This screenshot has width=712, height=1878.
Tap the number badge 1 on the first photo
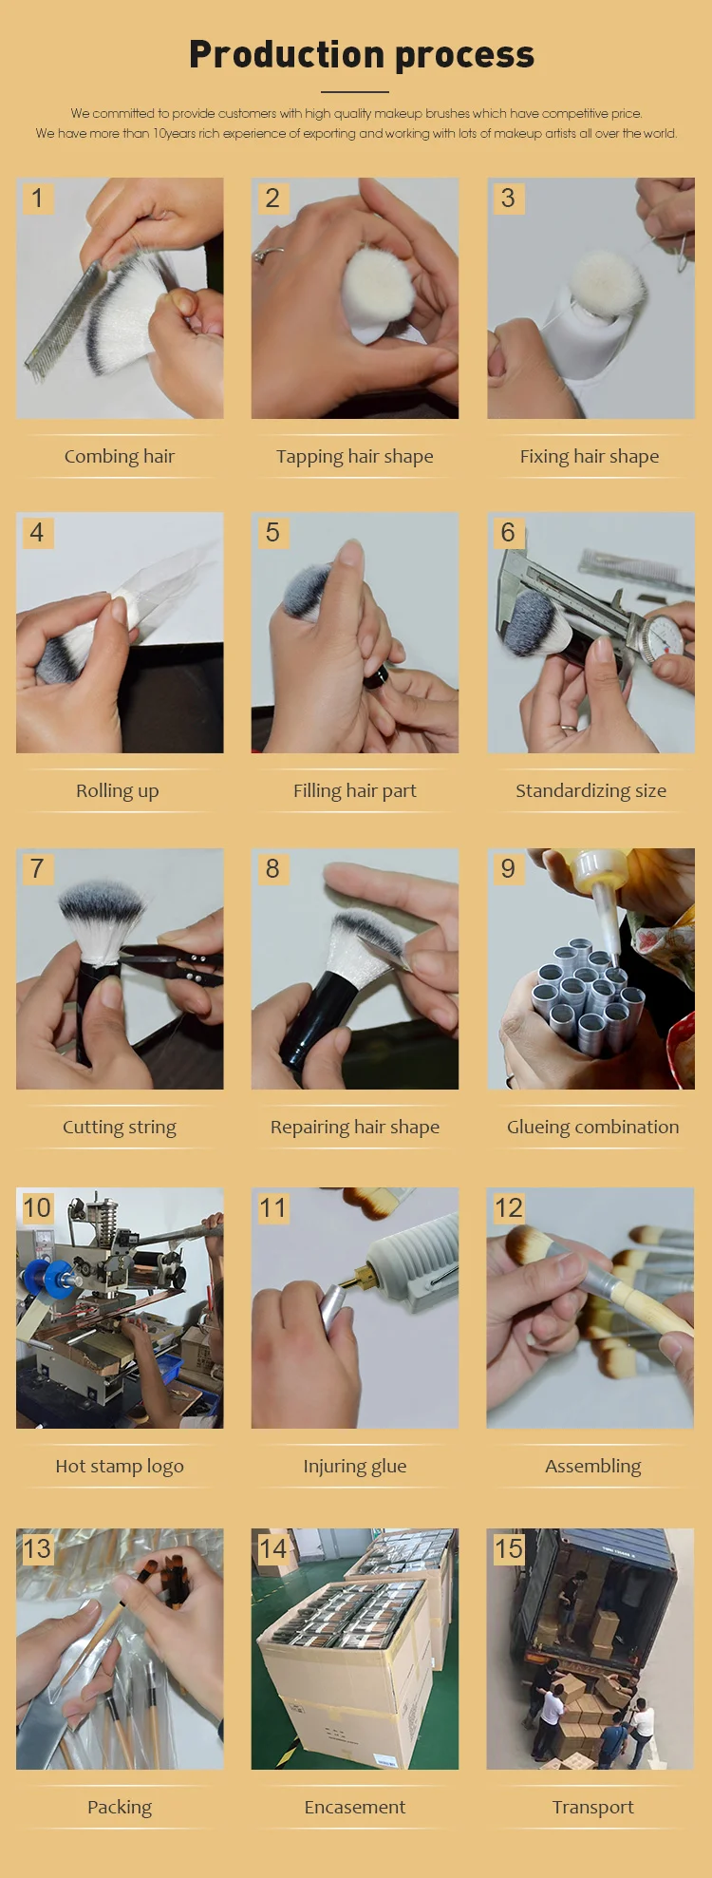37,198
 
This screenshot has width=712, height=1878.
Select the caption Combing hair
120,457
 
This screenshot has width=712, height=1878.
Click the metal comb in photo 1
63,313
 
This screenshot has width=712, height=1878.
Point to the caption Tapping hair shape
355,457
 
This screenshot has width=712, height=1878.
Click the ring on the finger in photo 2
268,254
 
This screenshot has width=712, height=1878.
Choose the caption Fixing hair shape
590,457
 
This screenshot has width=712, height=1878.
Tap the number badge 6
508,533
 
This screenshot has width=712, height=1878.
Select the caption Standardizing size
590,791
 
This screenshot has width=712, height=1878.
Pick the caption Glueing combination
592,1128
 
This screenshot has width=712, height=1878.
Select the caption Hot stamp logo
120,1466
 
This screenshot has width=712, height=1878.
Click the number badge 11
272,1208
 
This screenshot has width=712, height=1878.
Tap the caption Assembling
592,1467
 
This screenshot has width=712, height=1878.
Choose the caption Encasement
355,1807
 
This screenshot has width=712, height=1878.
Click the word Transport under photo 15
592,1807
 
